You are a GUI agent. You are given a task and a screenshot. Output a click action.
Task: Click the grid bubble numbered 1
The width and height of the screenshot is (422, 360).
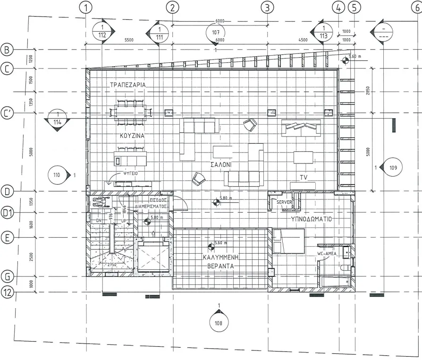[x=85, y=7]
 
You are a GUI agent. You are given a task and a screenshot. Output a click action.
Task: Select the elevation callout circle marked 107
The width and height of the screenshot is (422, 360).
[x=216, y=32]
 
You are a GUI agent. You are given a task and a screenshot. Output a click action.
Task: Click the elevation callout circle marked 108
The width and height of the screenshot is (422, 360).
[x=219, y=324]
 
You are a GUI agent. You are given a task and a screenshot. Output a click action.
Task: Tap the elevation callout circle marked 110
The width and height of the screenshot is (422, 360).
[x=58, y=175]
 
